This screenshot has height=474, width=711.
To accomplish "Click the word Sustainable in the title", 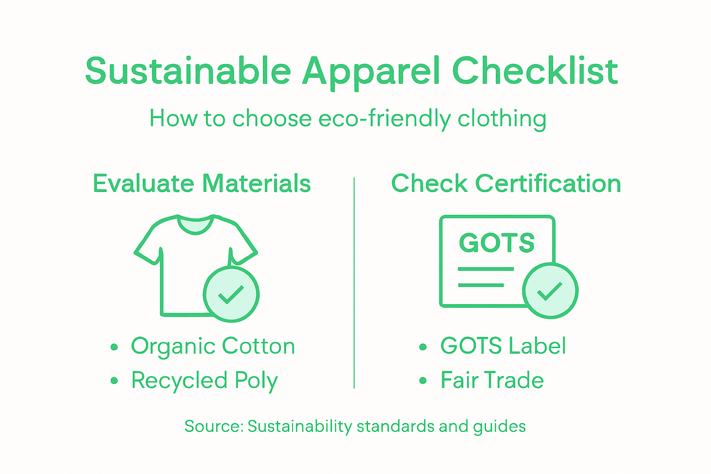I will (188, 71).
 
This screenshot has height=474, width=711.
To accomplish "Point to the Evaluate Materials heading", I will (202, 183).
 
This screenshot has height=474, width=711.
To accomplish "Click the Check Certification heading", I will (506, 183).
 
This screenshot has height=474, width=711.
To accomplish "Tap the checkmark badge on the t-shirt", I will (231, 294).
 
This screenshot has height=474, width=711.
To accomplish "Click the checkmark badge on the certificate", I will (550, 291).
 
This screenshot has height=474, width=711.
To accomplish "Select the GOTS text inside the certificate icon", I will (497, 243).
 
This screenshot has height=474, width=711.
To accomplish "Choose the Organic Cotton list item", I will (212, 346).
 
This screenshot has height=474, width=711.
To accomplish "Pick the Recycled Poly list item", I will (204, 381).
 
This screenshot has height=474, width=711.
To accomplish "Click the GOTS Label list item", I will (503, 346).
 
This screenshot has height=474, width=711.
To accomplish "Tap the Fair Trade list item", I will (492, 380).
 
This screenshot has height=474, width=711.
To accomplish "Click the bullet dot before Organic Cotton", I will (114, 347).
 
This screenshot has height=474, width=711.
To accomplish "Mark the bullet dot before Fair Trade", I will (423, 381).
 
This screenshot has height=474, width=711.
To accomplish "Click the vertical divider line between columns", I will (354, 282).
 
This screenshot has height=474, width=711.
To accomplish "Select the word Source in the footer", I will (212, 426).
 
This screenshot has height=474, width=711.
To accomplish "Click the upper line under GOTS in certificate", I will (486, 269).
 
